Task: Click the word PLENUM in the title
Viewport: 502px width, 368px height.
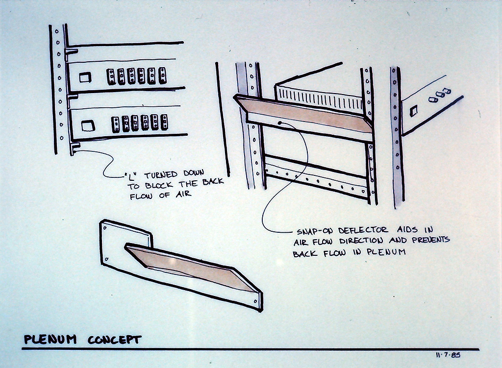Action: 50,339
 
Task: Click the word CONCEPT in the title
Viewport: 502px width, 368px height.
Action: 115,340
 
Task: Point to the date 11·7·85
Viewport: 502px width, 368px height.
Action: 448,355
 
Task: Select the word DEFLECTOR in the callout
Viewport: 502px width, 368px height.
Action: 363,230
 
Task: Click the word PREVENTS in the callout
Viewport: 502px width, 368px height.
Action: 431,240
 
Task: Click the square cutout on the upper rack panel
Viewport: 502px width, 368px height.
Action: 85,77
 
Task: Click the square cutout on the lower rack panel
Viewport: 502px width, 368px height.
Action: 88,126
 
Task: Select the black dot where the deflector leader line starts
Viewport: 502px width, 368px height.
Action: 280,123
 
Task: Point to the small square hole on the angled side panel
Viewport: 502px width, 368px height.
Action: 414,111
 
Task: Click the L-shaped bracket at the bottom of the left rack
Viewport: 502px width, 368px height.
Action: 75,148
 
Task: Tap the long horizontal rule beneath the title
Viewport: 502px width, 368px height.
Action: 251,349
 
